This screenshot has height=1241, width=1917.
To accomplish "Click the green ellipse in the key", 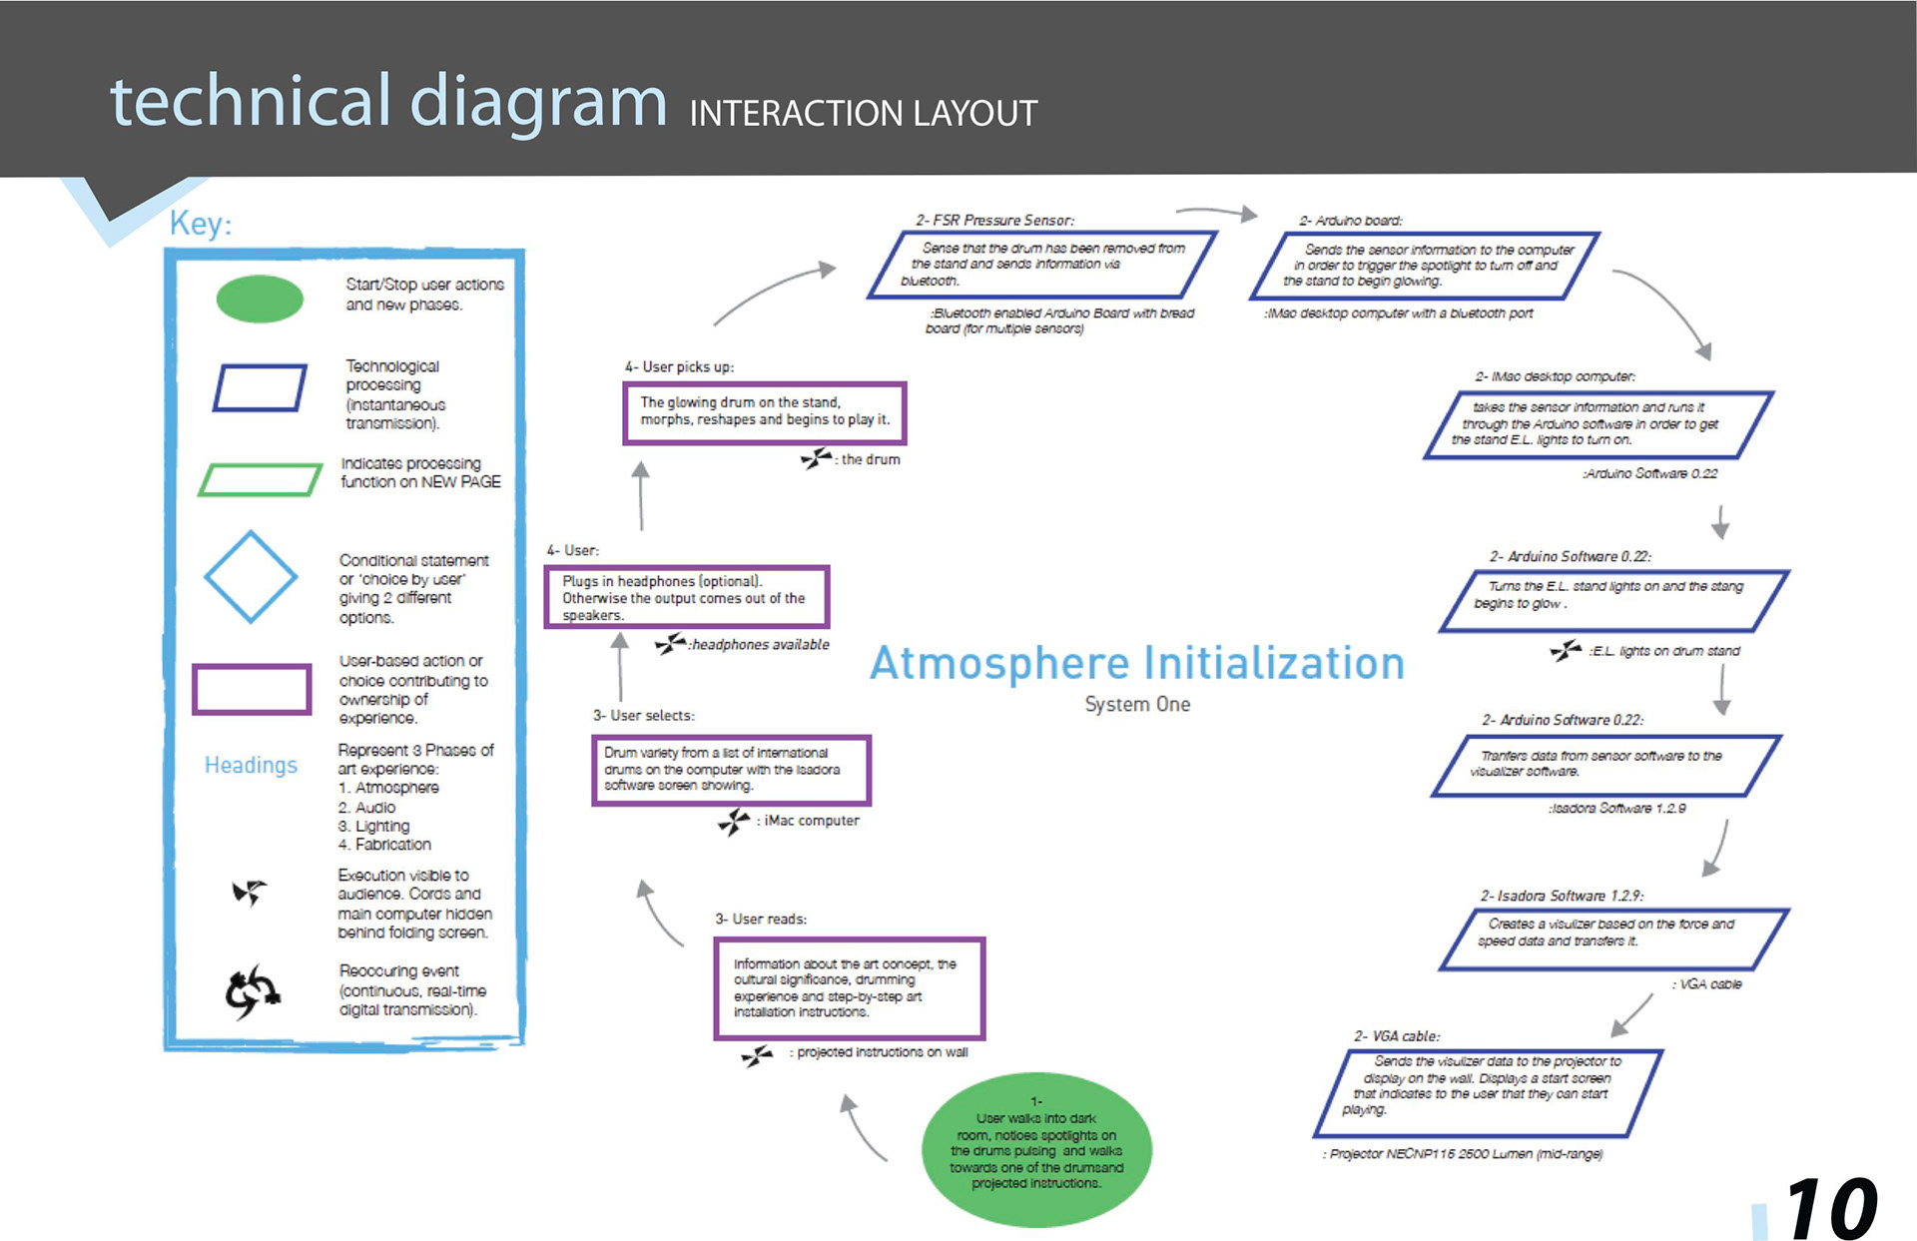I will tap(260, 299).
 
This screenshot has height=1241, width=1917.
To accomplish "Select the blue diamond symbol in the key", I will tap(251, 577).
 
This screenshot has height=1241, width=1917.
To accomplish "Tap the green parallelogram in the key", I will tap(260, 479).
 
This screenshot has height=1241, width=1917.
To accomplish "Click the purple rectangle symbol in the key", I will tap(252, 689).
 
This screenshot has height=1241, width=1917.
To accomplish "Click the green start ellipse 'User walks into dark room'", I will tap(1036, 1149).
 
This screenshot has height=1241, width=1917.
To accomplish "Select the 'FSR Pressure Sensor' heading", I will tap(994, 220).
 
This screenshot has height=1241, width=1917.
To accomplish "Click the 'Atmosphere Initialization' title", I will tap(1136, 664).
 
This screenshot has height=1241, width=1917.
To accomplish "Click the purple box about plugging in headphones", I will tap(686, 597).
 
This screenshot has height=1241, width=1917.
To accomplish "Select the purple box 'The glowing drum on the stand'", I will tap(765, 412).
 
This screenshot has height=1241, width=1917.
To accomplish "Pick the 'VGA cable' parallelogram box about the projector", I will tap(1487, 1092).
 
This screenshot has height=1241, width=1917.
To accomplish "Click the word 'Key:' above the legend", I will tap(201, 224).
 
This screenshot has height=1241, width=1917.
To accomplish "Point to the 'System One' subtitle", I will tap(1137, 705).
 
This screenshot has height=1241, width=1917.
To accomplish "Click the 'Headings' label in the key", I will tap(251, 765).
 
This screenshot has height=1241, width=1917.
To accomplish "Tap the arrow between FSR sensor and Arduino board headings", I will tap(1216, 213).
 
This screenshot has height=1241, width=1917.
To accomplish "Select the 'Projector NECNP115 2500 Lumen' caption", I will tap(1463, 1154).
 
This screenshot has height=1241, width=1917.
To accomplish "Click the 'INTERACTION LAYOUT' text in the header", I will tap(864, 114).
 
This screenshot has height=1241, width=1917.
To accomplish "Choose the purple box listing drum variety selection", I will tap(731, 770).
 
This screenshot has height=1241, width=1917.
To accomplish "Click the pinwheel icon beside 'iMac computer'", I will tap(734, 822).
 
